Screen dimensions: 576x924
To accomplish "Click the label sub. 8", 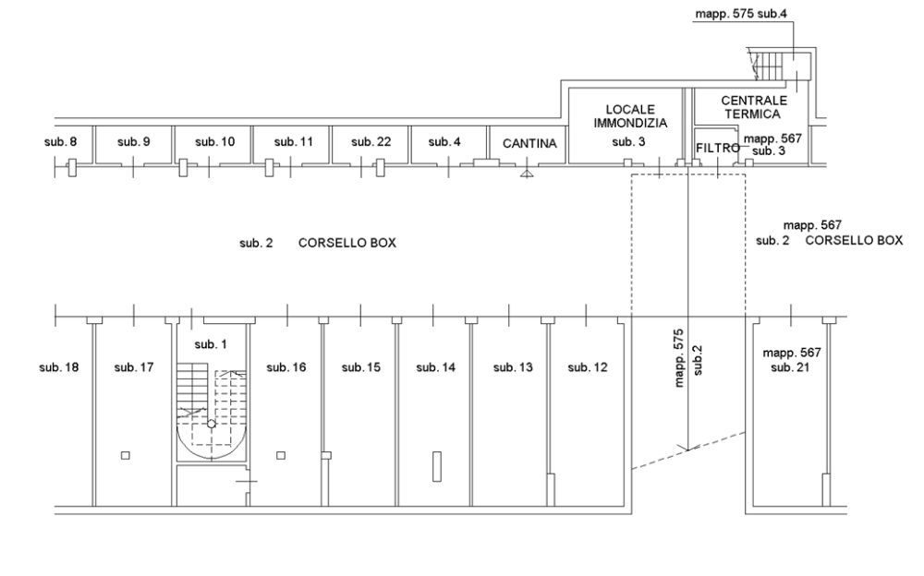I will (x=61, y=142).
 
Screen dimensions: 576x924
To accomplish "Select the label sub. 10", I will (x=215, y=142).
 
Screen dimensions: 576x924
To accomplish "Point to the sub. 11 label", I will (x=294, y=142).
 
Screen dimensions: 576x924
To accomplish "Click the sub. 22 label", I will (x=371, y=142).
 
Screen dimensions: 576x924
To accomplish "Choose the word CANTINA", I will (x=529, y=144).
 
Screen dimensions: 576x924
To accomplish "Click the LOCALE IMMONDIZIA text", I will (x=629, y=115).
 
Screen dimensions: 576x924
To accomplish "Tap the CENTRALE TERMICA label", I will (x=753, y=107).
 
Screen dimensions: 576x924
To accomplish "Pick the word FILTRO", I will (x=716, y=148).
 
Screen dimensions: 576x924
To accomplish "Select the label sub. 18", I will (x=58, y=367).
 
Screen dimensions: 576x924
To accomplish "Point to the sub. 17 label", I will (x=134, y=367).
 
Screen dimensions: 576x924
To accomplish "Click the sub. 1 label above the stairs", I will (x=210, y=344).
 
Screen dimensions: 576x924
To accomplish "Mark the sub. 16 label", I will (x=286, y=367).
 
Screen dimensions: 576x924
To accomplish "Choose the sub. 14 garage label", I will (x=436, y=367).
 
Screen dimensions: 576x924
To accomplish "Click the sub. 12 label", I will (x=588, y=367).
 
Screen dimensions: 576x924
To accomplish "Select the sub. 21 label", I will (x=790, y=367).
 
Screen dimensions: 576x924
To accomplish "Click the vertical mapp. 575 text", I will (x=679, y=356).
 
